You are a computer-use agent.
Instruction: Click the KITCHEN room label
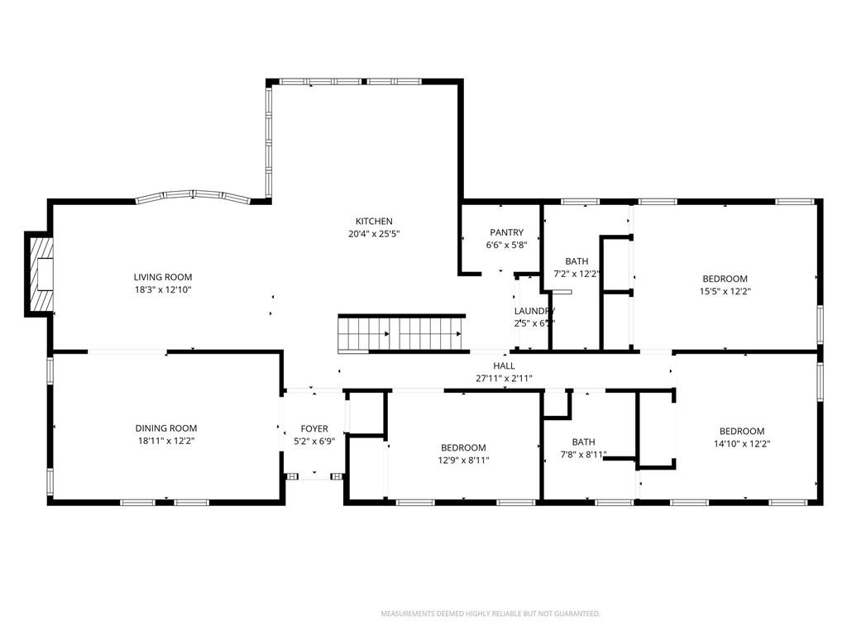click(374, 221)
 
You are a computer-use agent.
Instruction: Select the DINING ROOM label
click(166, 428)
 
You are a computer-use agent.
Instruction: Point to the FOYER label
click(314, 428)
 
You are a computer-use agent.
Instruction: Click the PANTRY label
click(506, 232)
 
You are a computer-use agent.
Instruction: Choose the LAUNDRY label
click(534, 311)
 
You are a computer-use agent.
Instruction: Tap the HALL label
click(504, 365)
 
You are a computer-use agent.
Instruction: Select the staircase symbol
click(400, 333)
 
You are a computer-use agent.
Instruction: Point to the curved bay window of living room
click(193, 196)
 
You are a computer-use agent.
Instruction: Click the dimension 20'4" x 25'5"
click(374, 234)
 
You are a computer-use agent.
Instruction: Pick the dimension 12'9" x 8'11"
click(463, 461)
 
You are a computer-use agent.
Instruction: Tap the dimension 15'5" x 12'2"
click(725, 291)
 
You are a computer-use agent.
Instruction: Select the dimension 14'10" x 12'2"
click(741, 444)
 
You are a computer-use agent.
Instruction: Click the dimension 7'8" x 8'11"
click(583, 455)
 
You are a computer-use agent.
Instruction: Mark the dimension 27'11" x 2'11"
click(504, 379)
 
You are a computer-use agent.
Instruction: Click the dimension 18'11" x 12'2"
click(166, 442)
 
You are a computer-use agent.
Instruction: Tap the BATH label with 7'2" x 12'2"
click(577, 261)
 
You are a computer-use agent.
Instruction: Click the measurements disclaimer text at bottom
click(490, 614)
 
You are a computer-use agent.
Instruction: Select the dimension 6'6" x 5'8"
click(506, 245)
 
